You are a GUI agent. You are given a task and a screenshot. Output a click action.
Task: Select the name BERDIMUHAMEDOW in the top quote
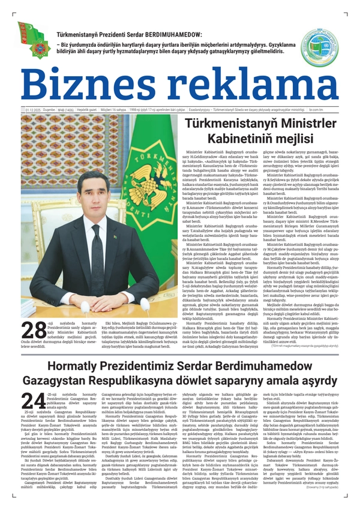click(194, 35)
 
